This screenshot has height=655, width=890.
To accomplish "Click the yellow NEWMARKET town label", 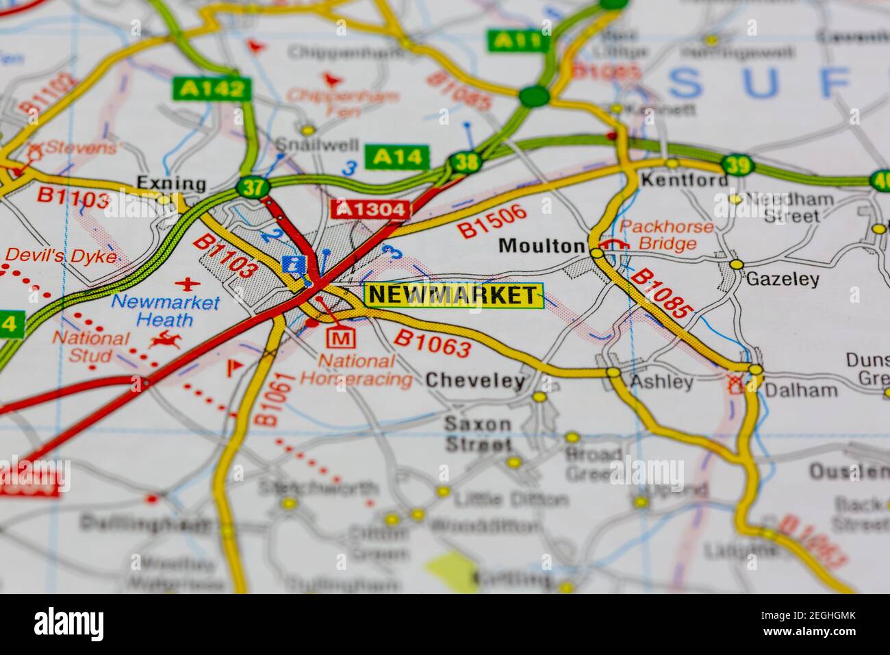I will tap(453, 295).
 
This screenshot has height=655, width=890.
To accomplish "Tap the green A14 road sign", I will tap(397, 157).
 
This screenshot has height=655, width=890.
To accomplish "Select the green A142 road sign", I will tap(209, 88).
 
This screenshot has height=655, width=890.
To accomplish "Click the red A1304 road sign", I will tap(370, 209).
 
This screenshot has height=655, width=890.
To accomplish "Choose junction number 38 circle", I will tap(464, 163).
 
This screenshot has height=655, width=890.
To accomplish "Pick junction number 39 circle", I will tap(737, 165).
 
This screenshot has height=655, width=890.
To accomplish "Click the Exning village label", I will tap(162, 183).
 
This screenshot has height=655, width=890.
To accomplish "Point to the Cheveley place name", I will tap(475, 380).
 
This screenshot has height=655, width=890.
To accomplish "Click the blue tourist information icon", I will tap(294, 264).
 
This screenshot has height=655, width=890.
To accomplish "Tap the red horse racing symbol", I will tap(166, 338).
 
